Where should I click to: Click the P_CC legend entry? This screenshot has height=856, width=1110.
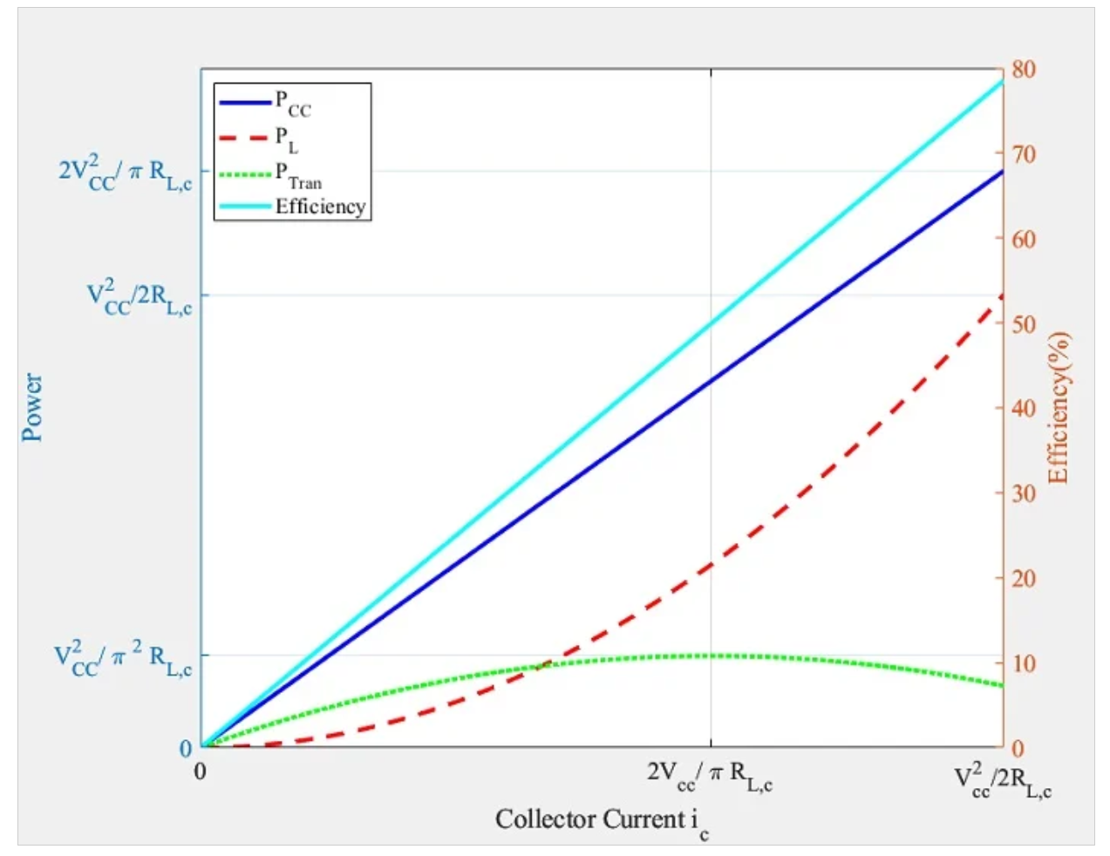[x=293, y=103]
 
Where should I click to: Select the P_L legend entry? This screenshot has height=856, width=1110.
[x=287, y=139]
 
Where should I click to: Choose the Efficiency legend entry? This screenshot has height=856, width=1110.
[x=320, y=207]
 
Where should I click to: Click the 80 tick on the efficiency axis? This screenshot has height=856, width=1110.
[x=1023, y=70]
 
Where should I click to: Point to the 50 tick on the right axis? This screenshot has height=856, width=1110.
[x=1023, y=324]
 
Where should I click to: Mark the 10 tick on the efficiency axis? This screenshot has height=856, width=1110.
[x=1023, y=663]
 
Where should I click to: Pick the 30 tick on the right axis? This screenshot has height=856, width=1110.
[x=1023, y=493]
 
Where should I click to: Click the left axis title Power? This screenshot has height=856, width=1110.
[x=32, y=407]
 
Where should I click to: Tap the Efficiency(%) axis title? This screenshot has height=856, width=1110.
[x=1058, y=407]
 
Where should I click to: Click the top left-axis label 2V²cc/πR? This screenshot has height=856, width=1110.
[x=125, y=171]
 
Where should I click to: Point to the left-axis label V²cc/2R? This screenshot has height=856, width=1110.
[x=139, y=296]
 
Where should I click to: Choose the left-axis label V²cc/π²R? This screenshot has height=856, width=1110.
[x=122, y=658]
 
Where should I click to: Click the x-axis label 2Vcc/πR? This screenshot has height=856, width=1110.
[x=709, y=775]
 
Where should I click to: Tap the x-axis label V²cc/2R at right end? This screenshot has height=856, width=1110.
[x=1002, y=780]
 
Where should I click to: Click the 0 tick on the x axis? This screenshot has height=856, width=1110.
[x=201, y=771]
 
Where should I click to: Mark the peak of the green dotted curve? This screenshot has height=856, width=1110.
[x=711, y=655]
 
